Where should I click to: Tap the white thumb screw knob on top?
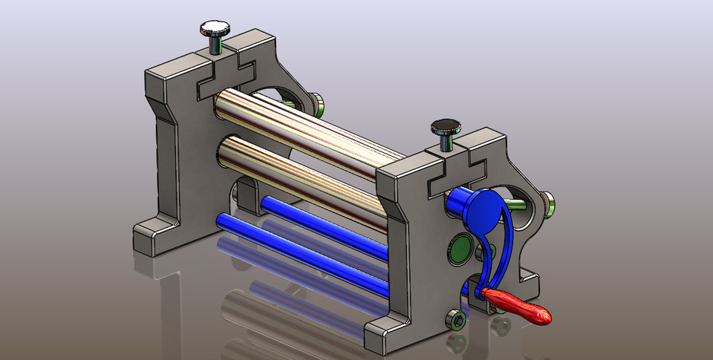[215, 30]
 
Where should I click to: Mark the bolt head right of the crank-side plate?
[548, 202]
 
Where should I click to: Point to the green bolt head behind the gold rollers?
[315, 104]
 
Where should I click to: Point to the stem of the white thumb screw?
[215, 45]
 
